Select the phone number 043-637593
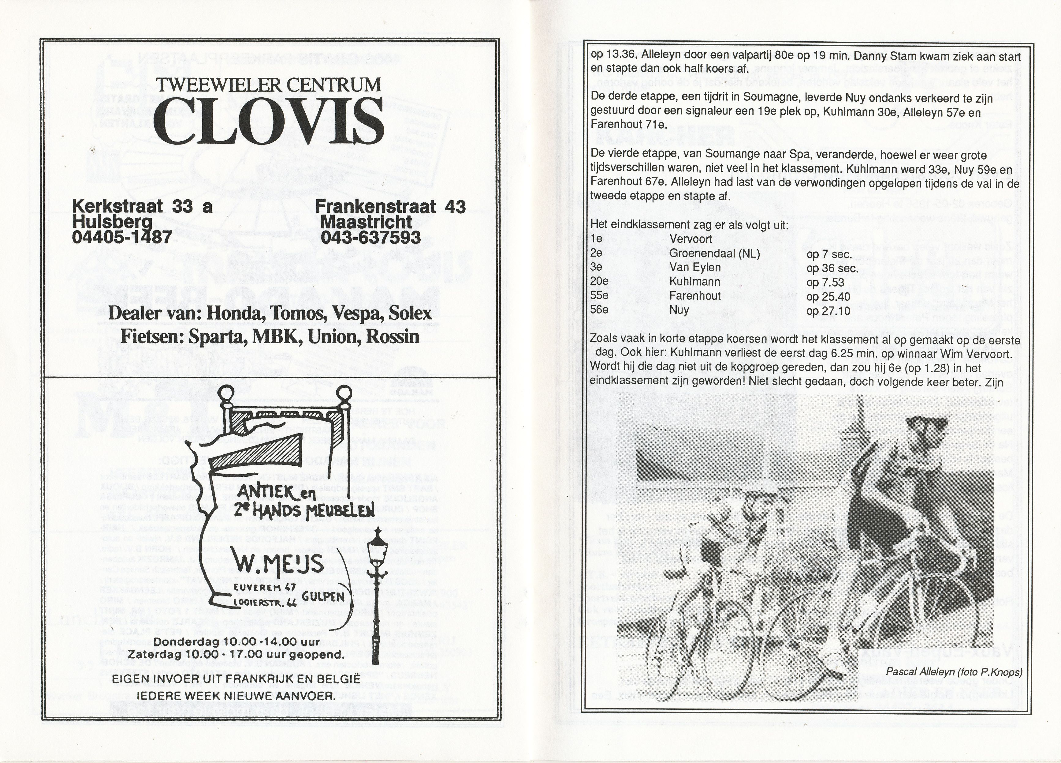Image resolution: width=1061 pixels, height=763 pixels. (370, 237)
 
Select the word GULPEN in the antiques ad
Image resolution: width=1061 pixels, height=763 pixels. (323, 596)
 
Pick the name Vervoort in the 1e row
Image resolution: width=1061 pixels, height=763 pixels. (691, 239)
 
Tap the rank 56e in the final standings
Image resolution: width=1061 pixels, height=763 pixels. (599, 310)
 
